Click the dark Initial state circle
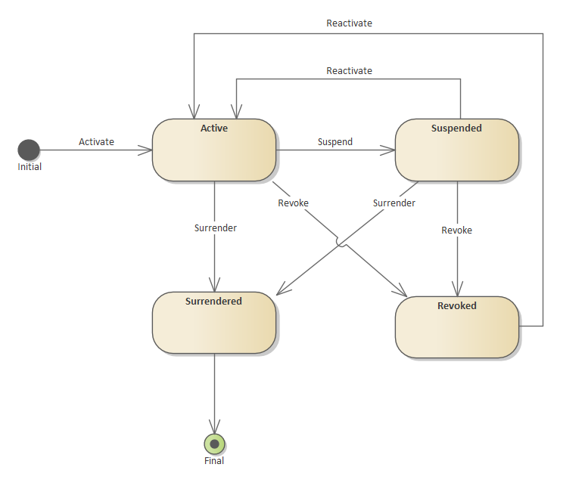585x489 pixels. [29, 150]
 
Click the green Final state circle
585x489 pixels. [215, 444]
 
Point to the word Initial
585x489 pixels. [30, 166]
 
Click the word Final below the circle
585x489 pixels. [214, 460]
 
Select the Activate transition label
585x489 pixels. [96, 141]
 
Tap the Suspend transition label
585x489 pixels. [335, 141]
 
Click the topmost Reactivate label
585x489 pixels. [349, 23]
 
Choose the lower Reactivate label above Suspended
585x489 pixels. [349, 70]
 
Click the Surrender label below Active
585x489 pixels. [215, 227]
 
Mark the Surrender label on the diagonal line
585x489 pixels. [394, 203]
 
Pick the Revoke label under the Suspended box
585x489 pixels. [456, 230]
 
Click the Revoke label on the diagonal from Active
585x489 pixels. [293, 203]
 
